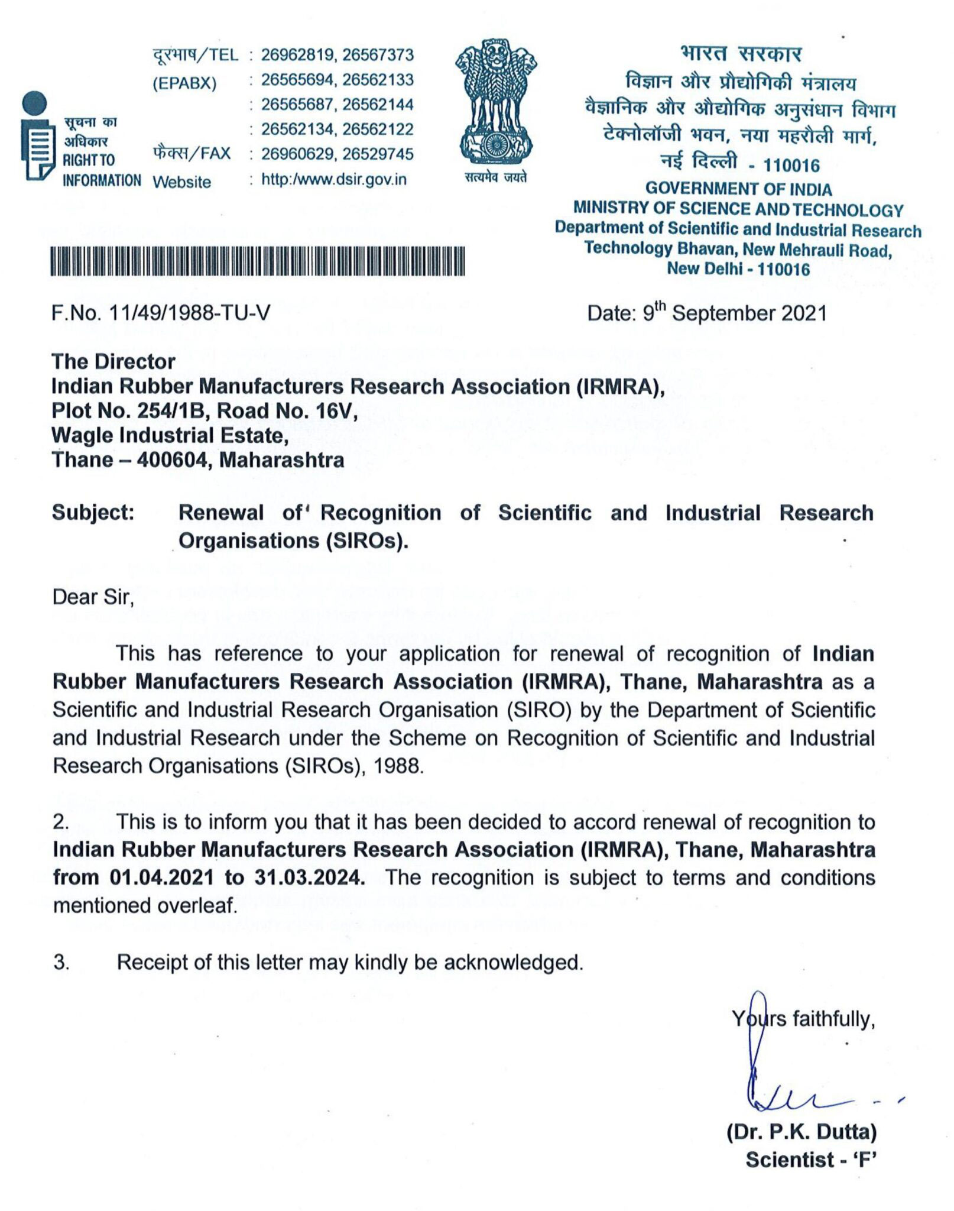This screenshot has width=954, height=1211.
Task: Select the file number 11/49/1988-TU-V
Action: tap(189, 312)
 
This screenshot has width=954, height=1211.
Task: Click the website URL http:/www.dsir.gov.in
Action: tap(334, 179)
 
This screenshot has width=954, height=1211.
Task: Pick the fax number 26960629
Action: tap(299, 154)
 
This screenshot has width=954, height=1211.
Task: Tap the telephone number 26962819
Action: tap(299, 55)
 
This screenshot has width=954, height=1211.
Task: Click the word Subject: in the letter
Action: tap(93, 512)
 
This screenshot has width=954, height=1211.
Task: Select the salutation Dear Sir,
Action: tap(93, 597)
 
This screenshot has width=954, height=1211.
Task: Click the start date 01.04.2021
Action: tap(162, 878)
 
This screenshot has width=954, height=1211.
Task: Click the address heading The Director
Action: tap(113, 361)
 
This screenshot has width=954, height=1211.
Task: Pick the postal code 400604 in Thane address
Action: tap(174, 459)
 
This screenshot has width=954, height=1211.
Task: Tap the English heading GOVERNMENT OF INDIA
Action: tap(738, 189)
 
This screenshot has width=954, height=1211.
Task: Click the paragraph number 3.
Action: tap(61, 963)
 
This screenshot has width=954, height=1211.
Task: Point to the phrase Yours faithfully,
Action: tap(803, 1019)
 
